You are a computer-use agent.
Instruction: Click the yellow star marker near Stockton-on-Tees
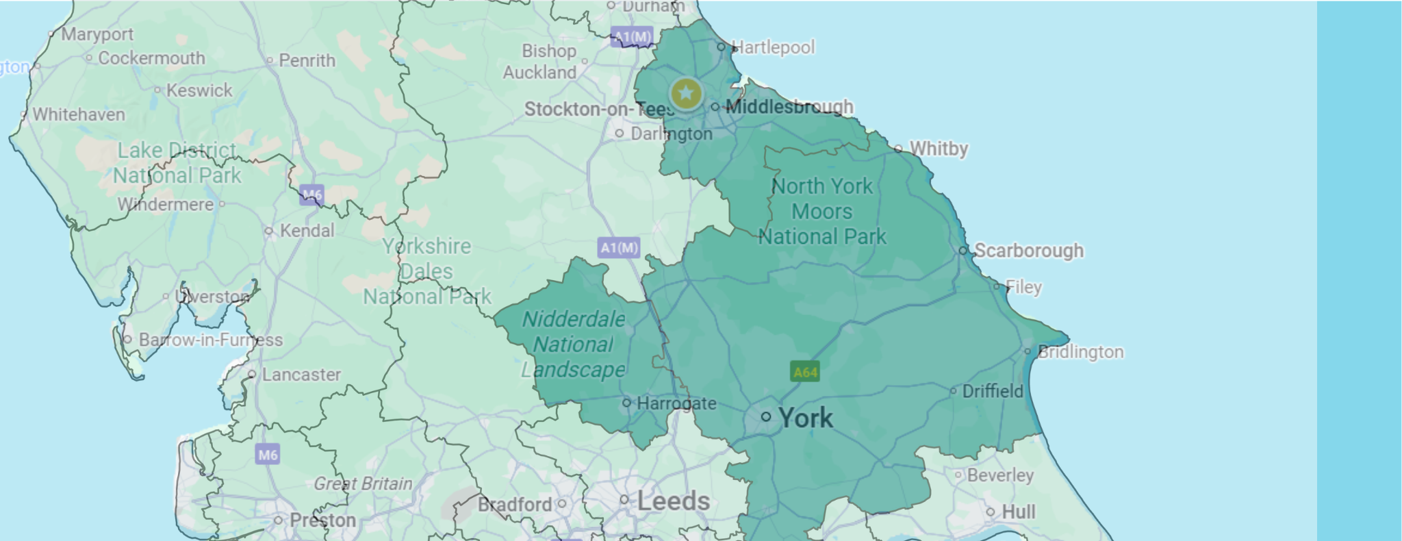click(x=686, y=93)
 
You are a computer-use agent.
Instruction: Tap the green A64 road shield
click(x=805, y=372)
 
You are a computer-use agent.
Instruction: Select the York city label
click(x=806, y=418)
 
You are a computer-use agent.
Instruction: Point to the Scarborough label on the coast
click(x=1028, y=251)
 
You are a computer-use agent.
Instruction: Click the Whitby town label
click(x=938, y=149)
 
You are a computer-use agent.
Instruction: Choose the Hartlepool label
click(x=773, y=47)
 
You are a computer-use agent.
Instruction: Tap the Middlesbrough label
click(x=789, y=107)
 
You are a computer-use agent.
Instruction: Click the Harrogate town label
click(x=676, y=403)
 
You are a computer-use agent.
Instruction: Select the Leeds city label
click(x=673, y=501)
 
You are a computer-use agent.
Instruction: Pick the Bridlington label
click(x=1080, y=352)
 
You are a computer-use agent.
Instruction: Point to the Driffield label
click(x=993, y=391)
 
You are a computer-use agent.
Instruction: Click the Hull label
click(x=1018, y=512)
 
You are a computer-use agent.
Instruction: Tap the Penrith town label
click(x=307, y=60)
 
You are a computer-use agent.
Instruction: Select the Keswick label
click(x=199, y=90)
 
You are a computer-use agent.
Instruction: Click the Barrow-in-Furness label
click(x=210, y=340)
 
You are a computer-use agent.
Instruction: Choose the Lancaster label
click(x=301, y=375)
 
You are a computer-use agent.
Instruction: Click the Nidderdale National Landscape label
click(x=574, y=344)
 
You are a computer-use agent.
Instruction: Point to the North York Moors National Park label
click(x=822, y=212)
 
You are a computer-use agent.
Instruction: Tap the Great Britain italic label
click(x=363, y=484)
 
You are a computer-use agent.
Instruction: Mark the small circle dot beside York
click(x=766, y=416)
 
